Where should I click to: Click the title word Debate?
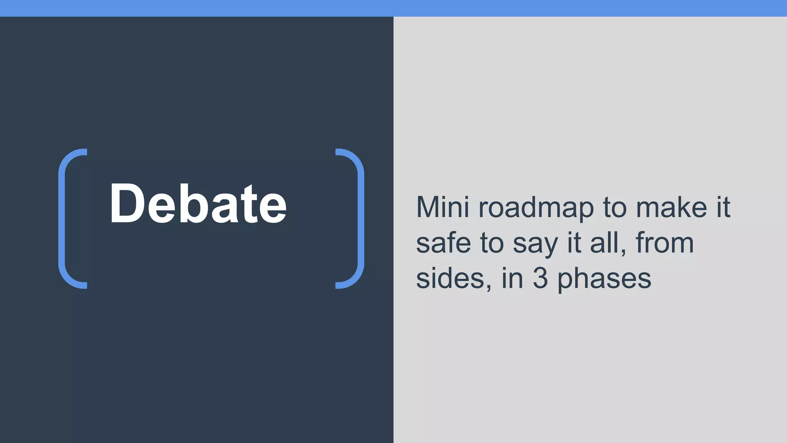(x=198, y=203)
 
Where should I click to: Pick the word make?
(x=671, y=208)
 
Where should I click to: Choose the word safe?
(x=443, y=243)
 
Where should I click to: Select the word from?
(x=665, y=243)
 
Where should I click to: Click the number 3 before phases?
(x=540, y=278)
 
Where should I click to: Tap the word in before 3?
(x=512, y=278)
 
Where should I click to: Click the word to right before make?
(x=615, y=208)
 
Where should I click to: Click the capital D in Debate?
(x=127, y=203)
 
